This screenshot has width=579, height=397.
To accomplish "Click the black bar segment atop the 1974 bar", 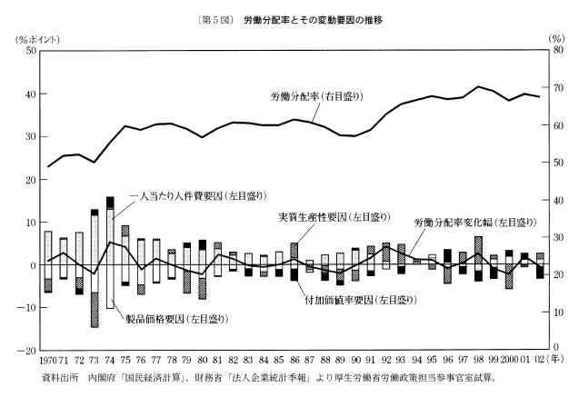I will [110, 202].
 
